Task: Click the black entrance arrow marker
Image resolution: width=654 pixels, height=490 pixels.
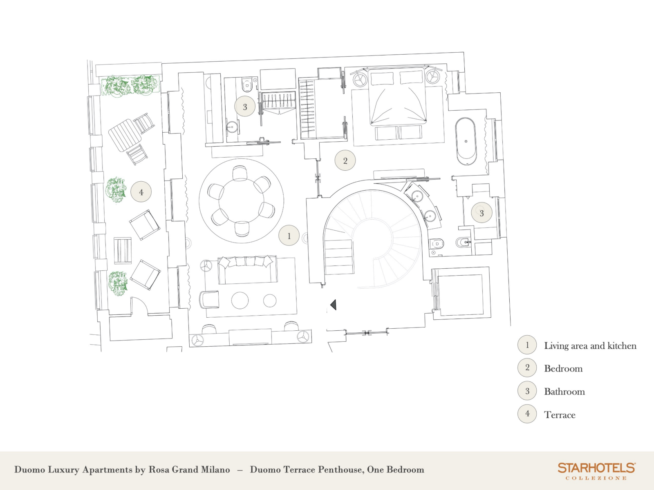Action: (x=334, y=305)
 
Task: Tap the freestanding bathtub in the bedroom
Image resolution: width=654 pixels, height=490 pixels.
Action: (x=466, y=141)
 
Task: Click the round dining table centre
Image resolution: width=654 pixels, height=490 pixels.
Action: (x=241, y=201)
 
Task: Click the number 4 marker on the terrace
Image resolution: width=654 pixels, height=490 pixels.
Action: (x=141, y=192)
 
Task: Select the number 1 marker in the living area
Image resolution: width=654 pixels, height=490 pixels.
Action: (x=289, y=236)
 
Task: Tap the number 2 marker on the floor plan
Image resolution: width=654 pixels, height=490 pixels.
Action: (x=345, y=160)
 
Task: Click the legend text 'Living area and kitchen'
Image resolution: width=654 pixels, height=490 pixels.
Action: (x=590, y=346)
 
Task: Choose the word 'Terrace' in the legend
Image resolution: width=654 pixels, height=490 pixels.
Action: (x=560, y=415)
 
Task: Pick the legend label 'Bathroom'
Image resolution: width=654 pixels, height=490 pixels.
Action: (x=564, y=392)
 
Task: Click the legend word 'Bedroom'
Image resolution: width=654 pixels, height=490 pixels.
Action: (x=563, y=369)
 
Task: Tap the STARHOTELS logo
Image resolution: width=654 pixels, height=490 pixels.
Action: (x=596, y=471)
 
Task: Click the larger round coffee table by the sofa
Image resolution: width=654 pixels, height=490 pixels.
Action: (x=240, y=301)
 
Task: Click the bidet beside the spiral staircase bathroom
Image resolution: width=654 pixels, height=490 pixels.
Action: (x=462, y=243)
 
